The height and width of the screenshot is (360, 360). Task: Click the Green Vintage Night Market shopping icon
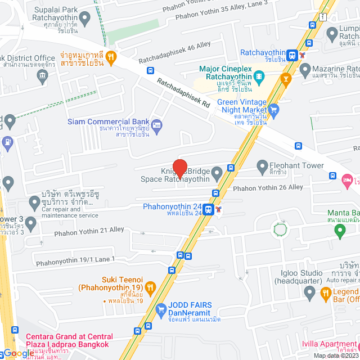(274, 109)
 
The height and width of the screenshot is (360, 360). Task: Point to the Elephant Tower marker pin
(262, 165)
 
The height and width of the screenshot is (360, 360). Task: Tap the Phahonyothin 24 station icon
(209, 209)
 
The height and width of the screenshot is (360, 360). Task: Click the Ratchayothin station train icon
(291, 55)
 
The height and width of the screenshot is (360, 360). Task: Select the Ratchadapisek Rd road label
(183, 93)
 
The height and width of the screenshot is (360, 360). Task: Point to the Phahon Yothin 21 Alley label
(89, 230)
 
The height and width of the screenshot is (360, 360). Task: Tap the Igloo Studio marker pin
(309, 292)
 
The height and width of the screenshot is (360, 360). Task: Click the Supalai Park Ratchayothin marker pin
(85, 20)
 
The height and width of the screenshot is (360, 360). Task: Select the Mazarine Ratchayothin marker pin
(305, 70)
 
